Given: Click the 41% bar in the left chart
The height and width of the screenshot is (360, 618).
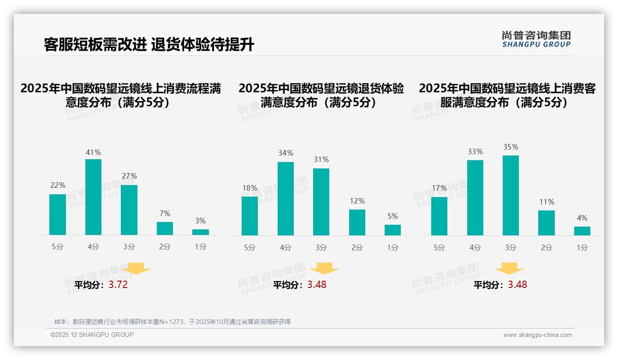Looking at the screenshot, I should point(93,197).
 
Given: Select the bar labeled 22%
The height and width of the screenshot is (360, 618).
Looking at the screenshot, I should point(58,215).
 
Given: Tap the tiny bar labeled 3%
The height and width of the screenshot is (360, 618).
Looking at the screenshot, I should point(201,232).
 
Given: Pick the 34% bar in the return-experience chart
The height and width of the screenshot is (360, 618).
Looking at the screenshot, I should point(285,198).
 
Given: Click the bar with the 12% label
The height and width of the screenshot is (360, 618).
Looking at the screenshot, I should point(357,222).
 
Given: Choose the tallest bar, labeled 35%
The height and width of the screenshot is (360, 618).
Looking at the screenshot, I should point(511,195).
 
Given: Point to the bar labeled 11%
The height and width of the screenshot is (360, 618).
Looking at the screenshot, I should point(547,223).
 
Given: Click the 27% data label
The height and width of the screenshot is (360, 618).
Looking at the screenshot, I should point(129,176).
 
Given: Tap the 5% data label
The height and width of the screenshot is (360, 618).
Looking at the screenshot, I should point(392,216).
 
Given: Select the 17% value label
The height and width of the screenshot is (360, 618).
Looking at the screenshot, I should point(439,188).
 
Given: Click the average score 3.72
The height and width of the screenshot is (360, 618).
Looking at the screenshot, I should point(118,285).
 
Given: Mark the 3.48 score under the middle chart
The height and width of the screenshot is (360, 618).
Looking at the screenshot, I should point(317,285).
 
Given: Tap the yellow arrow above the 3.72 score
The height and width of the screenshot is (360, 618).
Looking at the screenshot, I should point(137,268).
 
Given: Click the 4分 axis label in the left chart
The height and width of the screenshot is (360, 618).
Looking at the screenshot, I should point(93,247).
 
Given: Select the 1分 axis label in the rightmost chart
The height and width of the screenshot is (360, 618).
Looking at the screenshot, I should point(582,247).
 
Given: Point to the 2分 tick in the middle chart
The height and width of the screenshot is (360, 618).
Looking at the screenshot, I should point(357,247).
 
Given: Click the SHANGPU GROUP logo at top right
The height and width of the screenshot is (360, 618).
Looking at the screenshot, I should point(536,39).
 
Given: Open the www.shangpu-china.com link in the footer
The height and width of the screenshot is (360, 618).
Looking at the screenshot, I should point(537,335).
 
